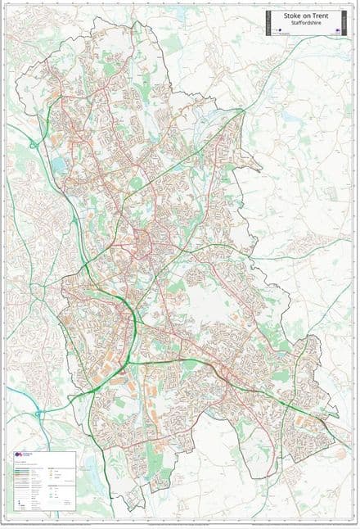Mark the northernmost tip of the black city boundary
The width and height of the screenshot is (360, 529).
pos(141,20)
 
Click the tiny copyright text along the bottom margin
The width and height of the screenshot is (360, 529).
pos(180,522)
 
